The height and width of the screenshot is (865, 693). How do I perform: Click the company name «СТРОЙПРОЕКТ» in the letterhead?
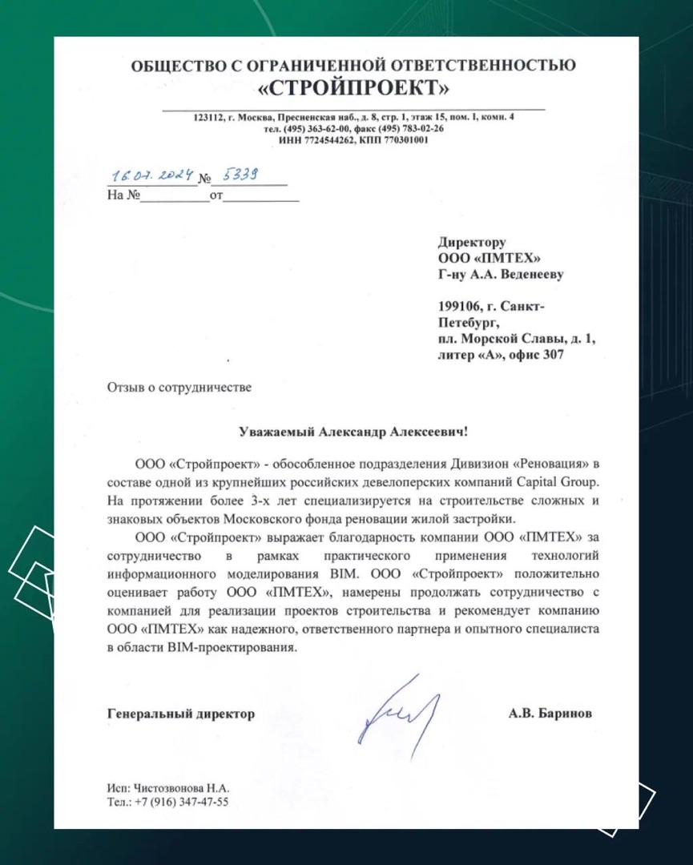[x=353, y=86]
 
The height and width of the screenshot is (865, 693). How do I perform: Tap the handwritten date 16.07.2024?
[x=151, y=175]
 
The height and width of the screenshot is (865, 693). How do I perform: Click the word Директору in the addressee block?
[x=473, y=241]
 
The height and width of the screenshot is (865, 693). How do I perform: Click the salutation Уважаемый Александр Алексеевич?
[x=353, y=431]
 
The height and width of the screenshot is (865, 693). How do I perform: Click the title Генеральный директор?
[x=180, y=714]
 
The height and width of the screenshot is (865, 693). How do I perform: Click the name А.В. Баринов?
[x=550, y=714]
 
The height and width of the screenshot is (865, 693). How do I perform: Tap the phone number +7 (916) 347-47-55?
[x=181, y=801]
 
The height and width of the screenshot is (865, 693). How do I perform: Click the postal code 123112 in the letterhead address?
[x=208, y=118]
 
